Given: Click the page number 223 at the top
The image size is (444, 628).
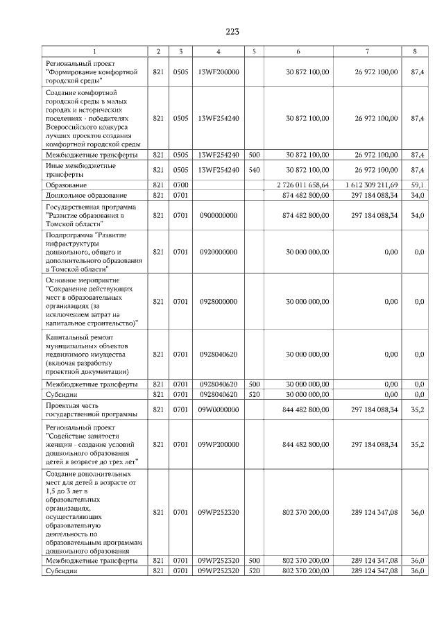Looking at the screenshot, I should (232, 32).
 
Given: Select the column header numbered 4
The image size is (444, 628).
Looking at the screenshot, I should (218, 52).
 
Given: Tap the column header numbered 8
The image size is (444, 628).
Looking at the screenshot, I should (415, 52).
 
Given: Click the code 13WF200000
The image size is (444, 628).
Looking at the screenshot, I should (218, 71).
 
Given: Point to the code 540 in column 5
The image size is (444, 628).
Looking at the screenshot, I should (254, 169).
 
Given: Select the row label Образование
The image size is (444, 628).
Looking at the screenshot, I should (67, 185).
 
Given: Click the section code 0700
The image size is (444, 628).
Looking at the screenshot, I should (180, 185).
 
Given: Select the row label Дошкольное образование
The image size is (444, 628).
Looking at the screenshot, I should (85, 196).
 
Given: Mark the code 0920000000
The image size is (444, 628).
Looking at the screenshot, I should (218, 252).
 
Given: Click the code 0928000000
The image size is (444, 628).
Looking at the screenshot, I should (218, 302).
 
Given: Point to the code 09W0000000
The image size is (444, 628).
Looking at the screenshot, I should (218, 409).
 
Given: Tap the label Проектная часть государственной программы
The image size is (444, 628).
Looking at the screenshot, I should (90, 409).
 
